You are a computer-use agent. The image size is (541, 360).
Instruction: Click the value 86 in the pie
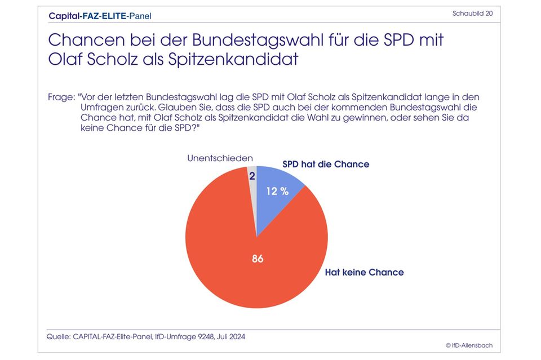[258, 259]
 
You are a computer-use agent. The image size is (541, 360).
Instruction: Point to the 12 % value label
[277, 191]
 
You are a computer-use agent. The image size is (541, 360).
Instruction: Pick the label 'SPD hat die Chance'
[326, 165]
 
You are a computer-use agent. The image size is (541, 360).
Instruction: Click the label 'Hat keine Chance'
[364, 272]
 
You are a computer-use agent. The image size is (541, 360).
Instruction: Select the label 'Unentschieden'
[220, 158]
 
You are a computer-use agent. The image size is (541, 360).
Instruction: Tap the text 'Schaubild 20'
[473, 13]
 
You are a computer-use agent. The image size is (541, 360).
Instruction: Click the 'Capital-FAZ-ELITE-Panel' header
[100, 16]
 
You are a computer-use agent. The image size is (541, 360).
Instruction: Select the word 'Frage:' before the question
[61, 97]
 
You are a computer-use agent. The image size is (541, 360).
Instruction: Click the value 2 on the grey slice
[252, 176]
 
